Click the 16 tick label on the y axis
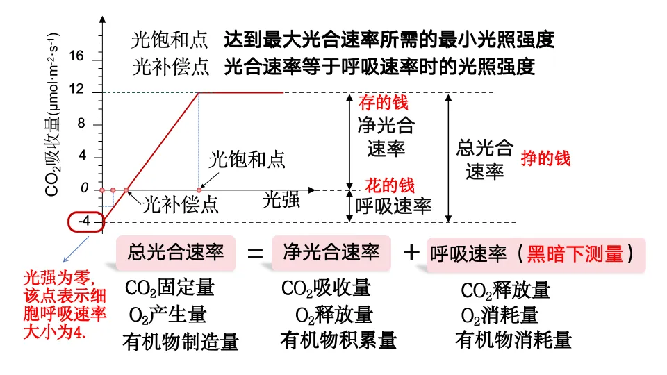coord(77,58)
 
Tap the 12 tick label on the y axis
coord(77,90)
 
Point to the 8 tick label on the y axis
coord(81,124)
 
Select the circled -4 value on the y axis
coord(85,222)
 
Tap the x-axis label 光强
coord(281,201)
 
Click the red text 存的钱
coord(383,103)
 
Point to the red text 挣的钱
coord(545,158)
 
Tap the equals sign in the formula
coord(256,253)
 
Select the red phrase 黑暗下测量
coord(575,254)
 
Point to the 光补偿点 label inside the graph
coord(181,205)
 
